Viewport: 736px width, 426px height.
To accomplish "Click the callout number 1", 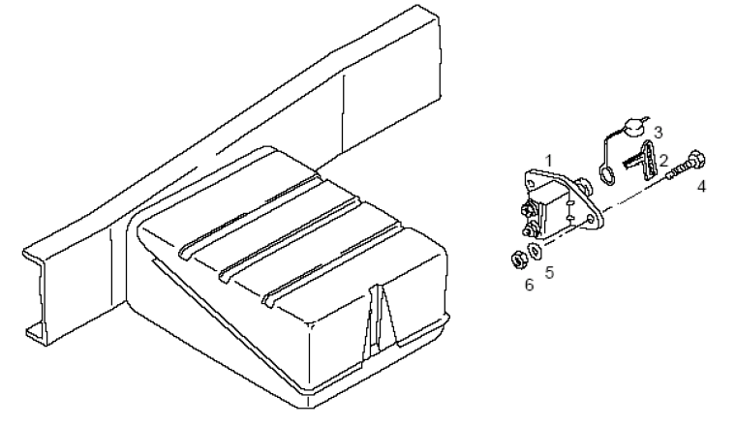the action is [x=549, y=162].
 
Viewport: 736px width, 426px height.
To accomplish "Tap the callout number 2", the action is [x=662, y=161].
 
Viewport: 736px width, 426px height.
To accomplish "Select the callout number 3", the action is [x=659, y=133].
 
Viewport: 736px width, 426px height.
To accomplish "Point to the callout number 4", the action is [x=701, y=186].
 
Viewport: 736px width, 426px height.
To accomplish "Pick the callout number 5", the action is [x=550, y=273].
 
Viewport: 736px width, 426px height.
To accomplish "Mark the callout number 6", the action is [x=529, y=285].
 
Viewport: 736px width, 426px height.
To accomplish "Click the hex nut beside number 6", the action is [x=517, y=259].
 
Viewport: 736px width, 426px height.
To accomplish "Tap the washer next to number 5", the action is [x=535, y=251].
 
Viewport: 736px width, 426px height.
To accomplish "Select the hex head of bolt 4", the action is [x=697, y=159].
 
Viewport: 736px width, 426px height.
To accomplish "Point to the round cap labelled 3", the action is [x=632, y=127].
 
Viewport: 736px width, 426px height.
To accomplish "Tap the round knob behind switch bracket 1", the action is [x=585, y=186].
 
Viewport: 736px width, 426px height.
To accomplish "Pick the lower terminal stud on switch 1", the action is [x=530, y=230].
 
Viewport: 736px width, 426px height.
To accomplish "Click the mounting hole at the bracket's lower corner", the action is [x=591, y=220].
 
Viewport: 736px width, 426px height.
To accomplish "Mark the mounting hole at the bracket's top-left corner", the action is [x=532, y=181].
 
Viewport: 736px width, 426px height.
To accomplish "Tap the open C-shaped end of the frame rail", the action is [x=35, y=294].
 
